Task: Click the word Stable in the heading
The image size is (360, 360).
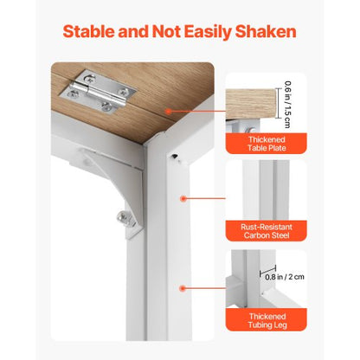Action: tap(89, 31)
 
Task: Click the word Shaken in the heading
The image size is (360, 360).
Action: tap(266, 31)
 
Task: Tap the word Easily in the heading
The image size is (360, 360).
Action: tap(208, 32)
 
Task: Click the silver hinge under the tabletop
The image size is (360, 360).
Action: tap(99, 92)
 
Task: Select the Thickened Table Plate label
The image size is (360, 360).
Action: tap(267, 144)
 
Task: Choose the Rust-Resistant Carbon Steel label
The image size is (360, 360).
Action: tap(267, 231)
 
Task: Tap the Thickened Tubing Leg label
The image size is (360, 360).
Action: tap(267, 321)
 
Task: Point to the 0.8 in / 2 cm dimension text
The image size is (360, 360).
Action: tap(285, 277)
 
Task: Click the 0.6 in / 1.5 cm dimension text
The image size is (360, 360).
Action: tap(287, 105)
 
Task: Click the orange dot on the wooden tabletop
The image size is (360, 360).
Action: tap(168, 111)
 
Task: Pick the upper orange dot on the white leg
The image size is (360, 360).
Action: tap(183, 199)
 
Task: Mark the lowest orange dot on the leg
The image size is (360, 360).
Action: tap(182, 288)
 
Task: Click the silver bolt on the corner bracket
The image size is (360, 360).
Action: tap(125, 216)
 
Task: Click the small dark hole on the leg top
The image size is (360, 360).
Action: tap(174, 156)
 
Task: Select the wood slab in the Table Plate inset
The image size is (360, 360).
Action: tap(250, 104)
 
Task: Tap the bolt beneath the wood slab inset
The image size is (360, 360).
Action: tap(251, 130)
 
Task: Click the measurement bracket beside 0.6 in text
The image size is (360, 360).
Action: tap(278, 103)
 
